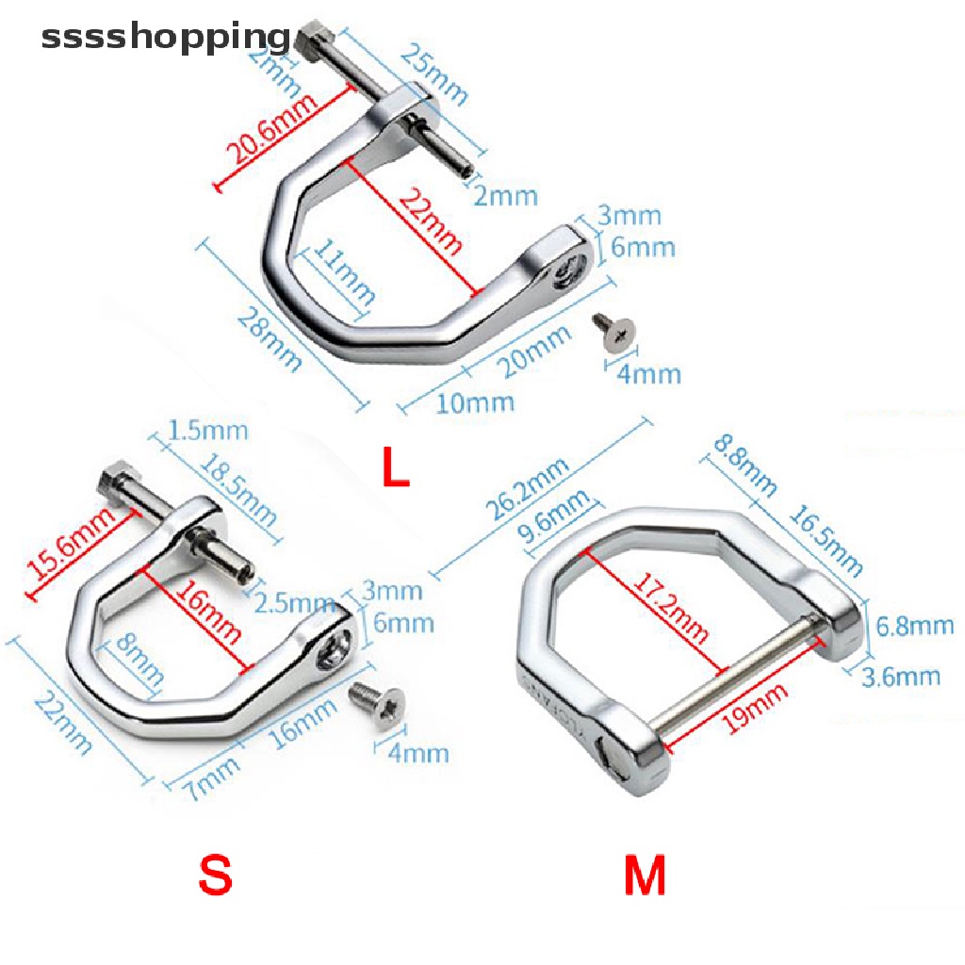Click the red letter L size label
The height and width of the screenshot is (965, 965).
396,467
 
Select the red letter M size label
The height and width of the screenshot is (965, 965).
645,875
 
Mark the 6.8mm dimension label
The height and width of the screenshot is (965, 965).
913,626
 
